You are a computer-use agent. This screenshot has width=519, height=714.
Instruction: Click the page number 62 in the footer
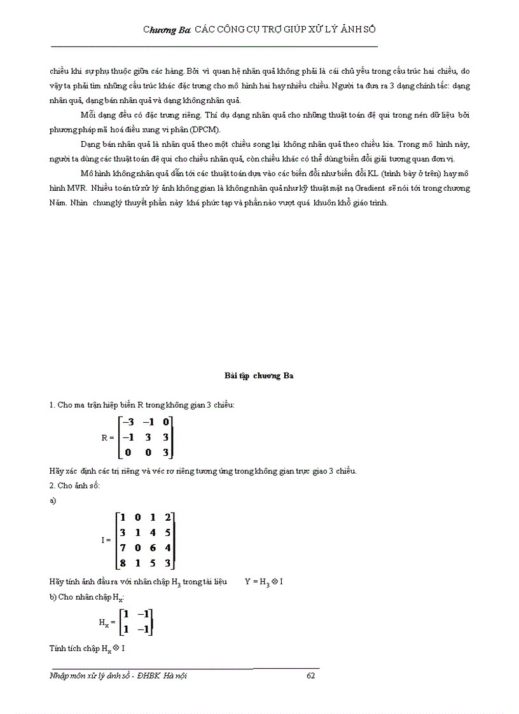(x=311, y=676)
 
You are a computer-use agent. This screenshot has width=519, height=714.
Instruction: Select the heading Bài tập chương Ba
(x=259, y=376)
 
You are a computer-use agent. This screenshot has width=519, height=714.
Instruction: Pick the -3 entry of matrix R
(x=128, y=422)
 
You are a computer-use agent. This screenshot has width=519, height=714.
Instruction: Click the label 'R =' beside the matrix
(x=107, y=437)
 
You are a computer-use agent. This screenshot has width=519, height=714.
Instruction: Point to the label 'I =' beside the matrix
(x=106, y=540)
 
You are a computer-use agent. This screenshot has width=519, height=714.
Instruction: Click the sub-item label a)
(x=53, y=501)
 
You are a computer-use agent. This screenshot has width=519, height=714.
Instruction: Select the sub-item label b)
(x=53, y=596)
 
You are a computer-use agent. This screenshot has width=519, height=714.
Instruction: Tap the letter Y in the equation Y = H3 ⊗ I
(x=247, y=581)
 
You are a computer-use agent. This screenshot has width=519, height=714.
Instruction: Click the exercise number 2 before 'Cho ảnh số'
(x=52, y=486)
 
